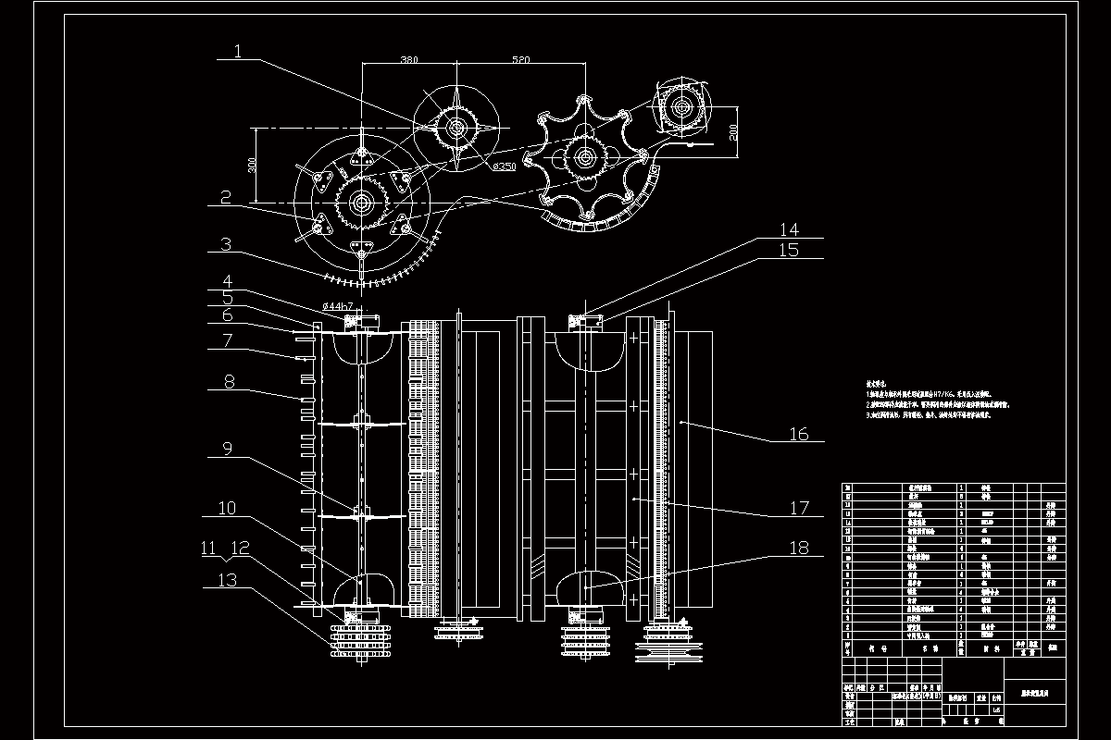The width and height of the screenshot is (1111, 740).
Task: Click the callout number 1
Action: coord(238,52)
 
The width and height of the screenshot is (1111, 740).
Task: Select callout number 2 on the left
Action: coord(225,197)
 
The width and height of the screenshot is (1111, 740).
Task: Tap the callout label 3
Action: coord(225,245)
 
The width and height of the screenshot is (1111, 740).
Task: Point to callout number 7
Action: coord(227,340)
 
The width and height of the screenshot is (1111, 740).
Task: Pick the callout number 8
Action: coord(228,380)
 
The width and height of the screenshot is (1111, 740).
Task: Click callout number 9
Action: coord(227,448)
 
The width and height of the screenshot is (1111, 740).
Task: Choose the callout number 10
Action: coord(227,508)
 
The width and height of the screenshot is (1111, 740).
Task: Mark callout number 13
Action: coord(227,580)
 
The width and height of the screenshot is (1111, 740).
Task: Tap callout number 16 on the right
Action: coord(798,434)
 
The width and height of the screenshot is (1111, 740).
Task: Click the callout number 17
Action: coord(799,508)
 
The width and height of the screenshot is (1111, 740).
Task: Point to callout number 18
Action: coord(798,548)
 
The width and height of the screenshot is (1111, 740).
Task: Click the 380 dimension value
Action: coord(408,59)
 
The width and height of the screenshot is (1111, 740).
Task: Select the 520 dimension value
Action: coord(520,59)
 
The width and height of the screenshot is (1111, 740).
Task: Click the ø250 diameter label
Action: coord(504,166)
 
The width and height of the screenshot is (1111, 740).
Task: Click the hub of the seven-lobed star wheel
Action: coord(584,157)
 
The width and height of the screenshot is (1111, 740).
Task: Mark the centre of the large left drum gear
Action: coord(361,200)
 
